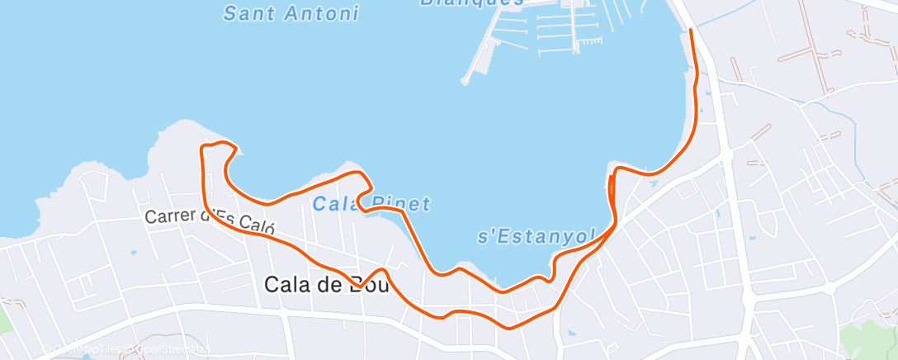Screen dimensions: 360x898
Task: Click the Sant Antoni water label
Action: tap(291, 13)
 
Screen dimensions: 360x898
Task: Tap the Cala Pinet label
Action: tap(371, 203)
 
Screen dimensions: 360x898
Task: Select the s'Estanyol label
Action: tap(536, 237)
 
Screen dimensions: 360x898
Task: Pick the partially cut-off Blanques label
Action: tap(471, 3)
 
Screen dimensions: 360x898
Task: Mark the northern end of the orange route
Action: tap(691, 30)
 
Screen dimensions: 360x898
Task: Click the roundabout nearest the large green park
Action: tap(829, 287)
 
